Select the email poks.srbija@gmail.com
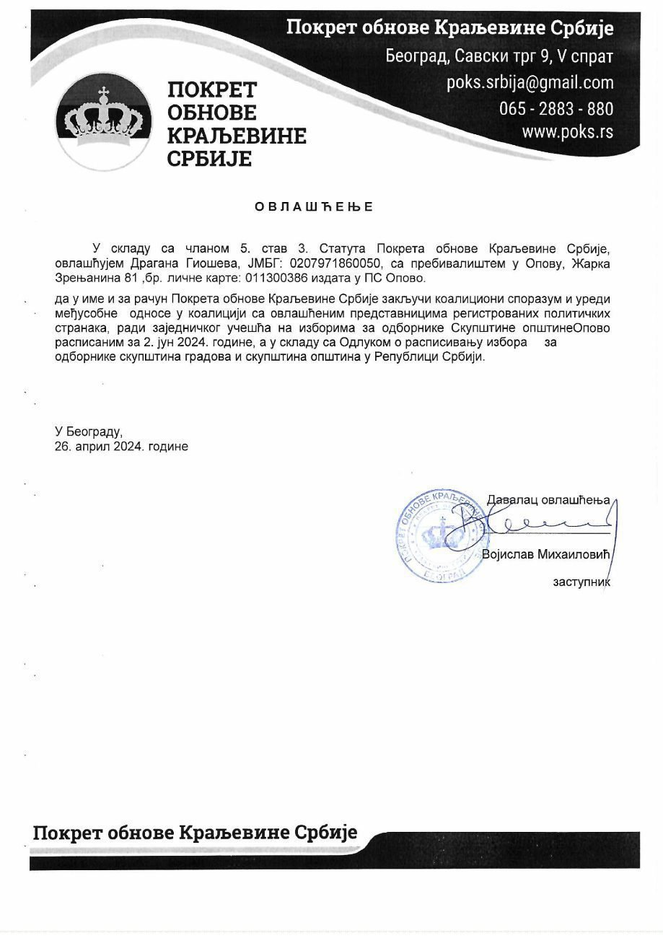[530, 82]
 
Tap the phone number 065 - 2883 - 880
[556, 108]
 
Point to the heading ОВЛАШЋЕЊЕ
[314, 207]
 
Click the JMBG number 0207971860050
[333, 263]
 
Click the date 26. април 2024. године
[121, 447]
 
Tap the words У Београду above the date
[89, 431]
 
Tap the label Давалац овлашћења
[548, 499]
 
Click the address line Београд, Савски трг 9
[499, 55]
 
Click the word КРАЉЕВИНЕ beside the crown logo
[237, 135]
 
